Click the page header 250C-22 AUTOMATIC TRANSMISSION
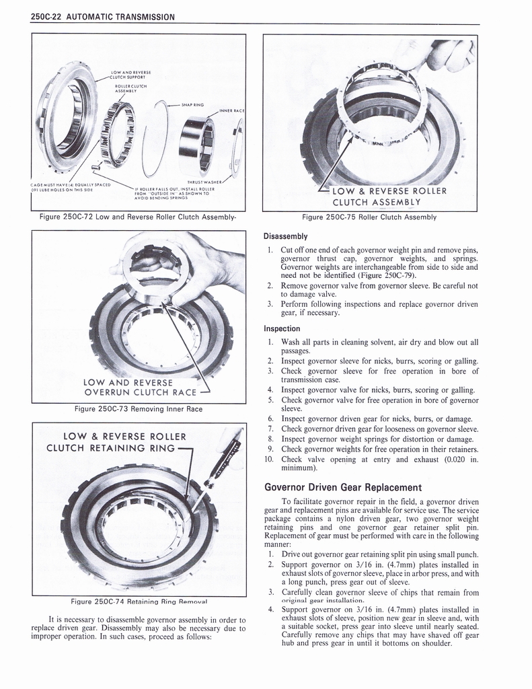click(103, 17)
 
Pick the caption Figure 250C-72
click(138, 217)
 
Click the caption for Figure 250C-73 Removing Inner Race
click(138, 408)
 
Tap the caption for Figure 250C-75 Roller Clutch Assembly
click(369, 217)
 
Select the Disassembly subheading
click(286, 236)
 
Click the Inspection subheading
click(282, 328)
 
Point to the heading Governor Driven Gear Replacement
click(343, 487)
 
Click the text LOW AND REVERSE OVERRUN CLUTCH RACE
click(139, 388)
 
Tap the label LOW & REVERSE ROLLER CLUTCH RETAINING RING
click(116, 442)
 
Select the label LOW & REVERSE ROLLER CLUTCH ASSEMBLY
click(384, 196)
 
